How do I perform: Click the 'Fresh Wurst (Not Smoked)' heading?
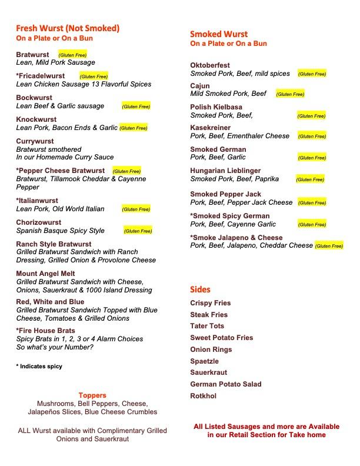68,28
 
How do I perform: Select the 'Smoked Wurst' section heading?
219,34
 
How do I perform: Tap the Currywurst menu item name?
35,141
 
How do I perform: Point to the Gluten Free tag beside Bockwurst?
136,106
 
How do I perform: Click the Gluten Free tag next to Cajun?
290,94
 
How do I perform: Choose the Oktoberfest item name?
210,65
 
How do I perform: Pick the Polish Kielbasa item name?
216,107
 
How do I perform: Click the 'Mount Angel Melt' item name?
45,274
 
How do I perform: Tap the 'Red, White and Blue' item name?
50,302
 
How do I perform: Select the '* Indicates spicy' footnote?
39,367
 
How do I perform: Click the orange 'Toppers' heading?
92,395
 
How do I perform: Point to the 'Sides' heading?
200,289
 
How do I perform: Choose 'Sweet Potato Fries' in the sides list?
221,338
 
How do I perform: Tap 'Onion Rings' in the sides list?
211,349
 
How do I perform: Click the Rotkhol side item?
203,396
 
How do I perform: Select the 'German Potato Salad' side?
225,384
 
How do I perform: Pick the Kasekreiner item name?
210,128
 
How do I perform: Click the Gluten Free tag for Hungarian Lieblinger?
310,179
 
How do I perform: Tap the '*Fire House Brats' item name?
45,331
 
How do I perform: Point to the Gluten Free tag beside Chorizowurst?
138,231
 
